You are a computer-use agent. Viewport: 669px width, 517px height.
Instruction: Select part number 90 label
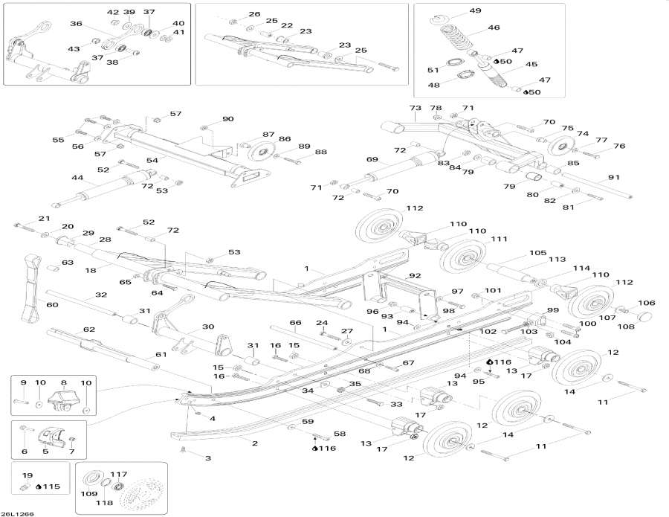point(227,119)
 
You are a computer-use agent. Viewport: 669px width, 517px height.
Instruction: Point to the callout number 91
point(613,177)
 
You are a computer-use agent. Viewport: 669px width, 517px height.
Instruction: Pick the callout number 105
point(537,253)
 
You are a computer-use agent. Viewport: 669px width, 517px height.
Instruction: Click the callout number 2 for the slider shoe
point(254,443)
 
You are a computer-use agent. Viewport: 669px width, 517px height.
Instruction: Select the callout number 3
point(208,458)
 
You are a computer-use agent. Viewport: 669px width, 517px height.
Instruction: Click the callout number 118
point(104,503)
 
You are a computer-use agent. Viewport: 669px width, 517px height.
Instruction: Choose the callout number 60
point(52,305)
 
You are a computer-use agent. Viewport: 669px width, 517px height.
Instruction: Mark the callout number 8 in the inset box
point(63,382)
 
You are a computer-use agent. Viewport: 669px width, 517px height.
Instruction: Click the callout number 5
point(45,451)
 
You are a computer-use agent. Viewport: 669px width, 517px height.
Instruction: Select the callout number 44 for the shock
point(77,178)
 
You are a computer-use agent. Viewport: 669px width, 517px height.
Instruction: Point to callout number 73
point(416,108)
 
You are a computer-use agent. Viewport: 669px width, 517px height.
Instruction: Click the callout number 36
point(76,24)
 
